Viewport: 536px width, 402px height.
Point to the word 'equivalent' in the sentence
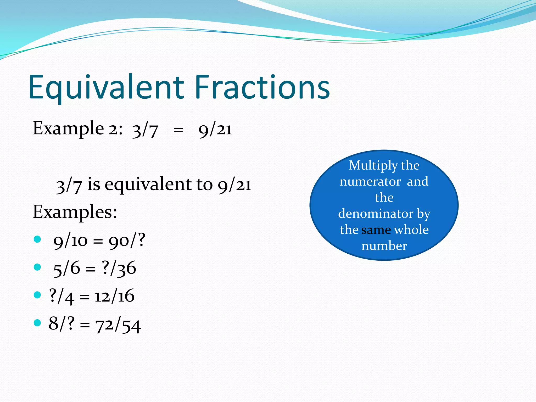click(148, 184)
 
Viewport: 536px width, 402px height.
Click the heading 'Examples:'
click(75, 212)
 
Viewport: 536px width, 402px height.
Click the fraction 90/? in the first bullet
click(127, 241)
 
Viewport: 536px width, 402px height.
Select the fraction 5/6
click(66, 269)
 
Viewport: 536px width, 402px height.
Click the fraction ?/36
click(119, 269)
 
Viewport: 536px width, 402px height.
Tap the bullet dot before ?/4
click(37, 295)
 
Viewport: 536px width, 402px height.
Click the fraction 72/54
click(118, 325)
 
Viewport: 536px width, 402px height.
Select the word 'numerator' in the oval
click(370, 182)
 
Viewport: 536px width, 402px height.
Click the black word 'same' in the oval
click(376, 230)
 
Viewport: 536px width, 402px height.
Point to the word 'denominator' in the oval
click(376, 214)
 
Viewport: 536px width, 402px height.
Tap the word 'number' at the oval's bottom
click(384, 246)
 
